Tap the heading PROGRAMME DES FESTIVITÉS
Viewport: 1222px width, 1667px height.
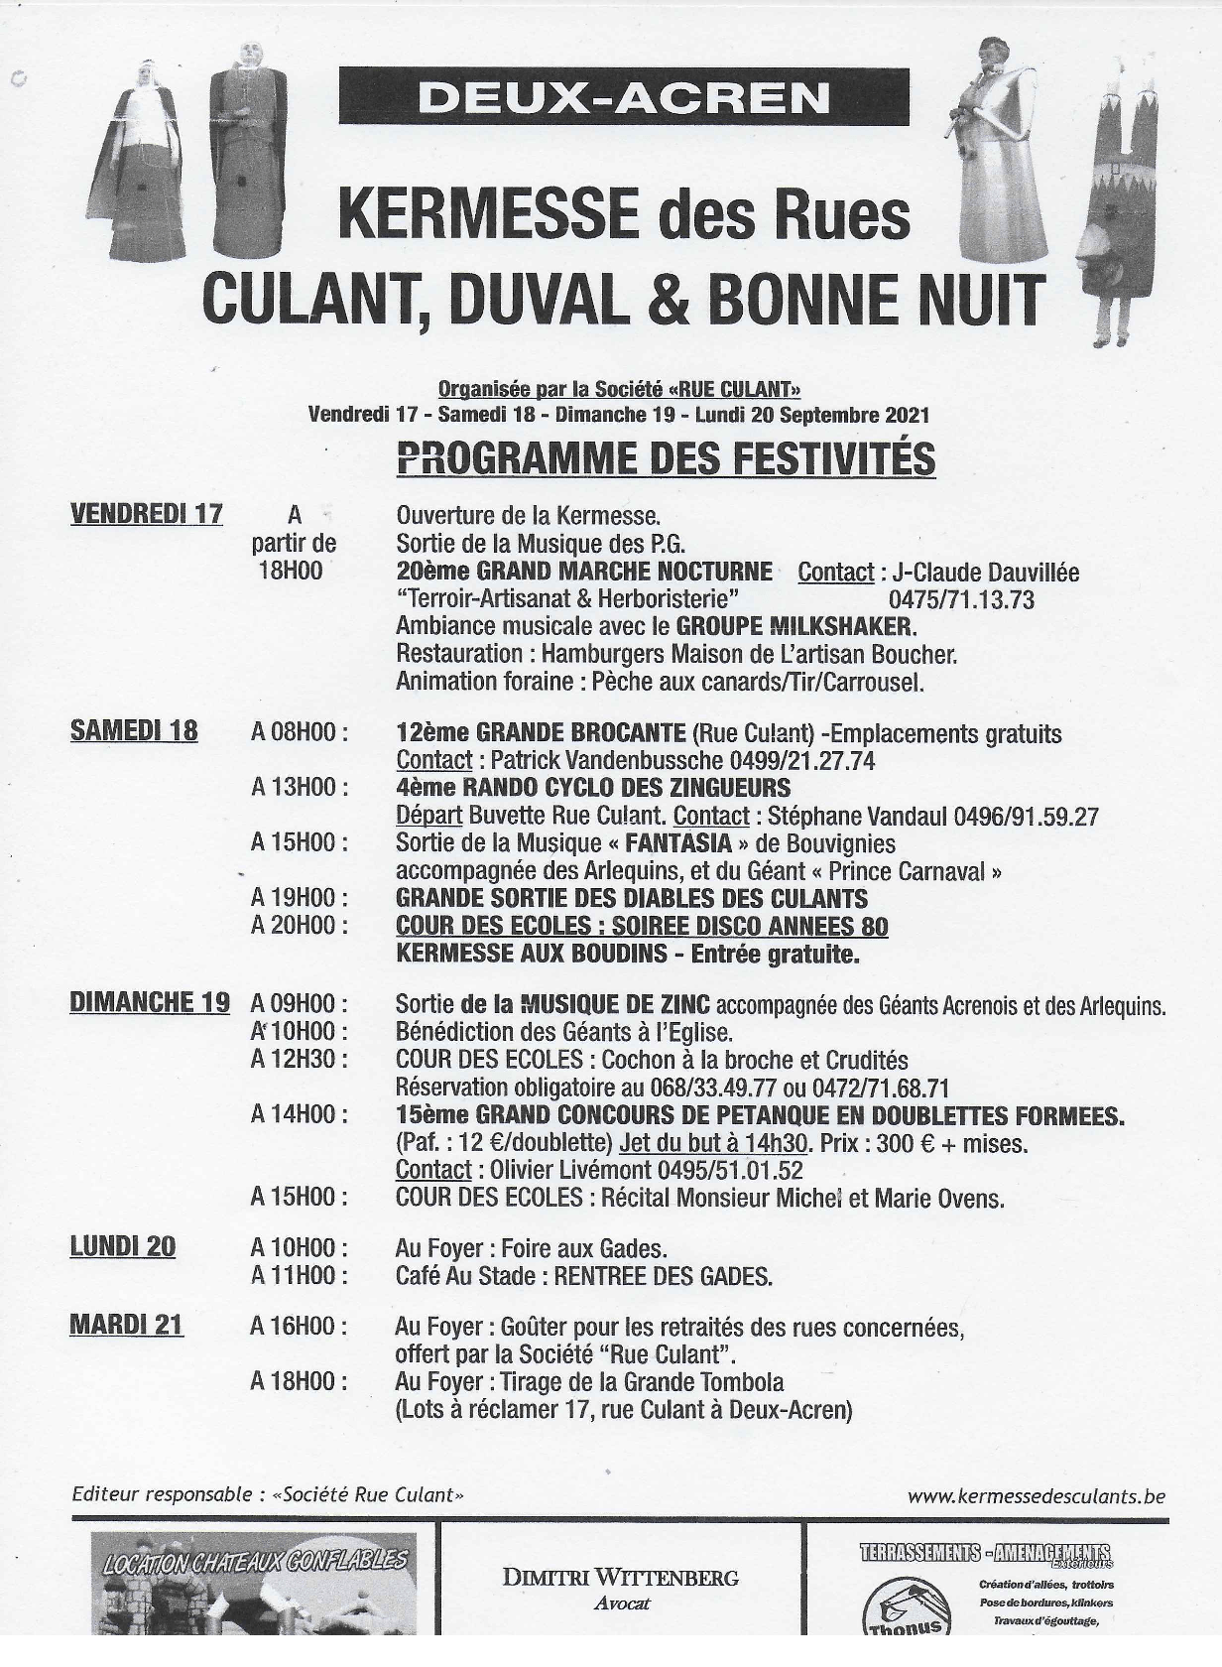point(665,458)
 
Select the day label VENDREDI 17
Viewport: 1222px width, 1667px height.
point(146,513)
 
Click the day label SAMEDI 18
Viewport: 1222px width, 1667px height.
point(133,731)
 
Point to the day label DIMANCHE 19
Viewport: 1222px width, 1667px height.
point(149,1002)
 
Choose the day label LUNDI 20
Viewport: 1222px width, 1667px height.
point(122,1246)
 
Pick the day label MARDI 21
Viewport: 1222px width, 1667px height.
point(126,1325)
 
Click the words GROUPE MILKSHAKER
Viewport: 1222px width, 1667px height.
point(794,626)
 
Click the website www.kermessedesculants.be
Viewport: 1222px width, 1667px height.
point(1036,1496)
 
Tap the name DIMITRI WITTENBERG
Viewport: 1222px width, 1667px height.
point(620,1578)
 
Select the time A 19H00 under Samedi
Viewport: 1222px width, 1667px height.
point(299,898)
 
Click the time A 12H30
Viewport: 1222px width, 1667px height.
point(299,1059)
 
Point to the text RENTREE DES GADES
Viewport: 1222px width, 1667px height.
point(663,1276)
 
